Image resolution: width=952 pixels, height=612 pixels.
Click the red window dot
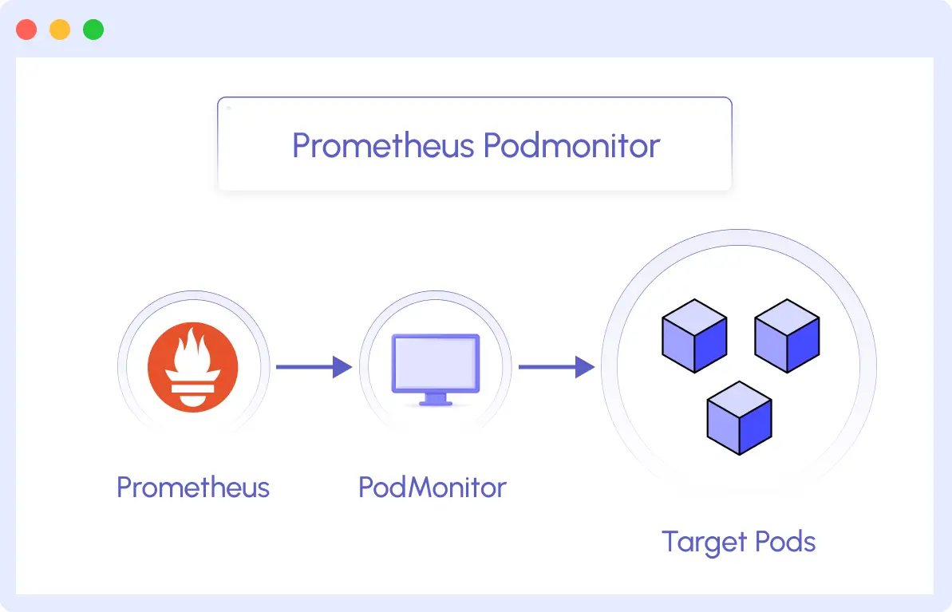pos(26,30)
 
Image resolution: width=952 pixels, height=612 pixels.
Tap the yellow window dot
pos(60,30)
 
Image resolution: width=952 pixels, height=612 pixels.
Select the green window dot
pos(93,30)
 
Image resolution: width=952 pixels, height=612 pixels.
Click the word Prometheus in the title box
pos(383,146)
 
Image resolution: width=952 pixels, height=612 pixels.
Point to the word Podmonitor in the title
pos(572,146)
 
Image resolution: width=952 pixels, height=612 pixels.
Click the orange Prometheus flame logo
pos(192,368)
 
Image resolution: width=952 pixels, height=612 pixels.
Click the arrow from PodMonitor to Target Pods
pos(555,367)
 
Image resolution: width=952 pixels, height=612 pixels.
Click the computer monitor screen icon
pos(435,363)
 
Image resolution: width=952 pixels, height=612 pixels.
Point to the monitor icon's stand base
pos(435,402)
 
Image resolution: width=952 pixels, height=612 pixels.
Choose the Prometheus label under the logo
pos(192,487)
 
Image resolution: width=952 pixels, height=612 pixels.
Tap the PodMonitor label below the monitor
pos(432,487)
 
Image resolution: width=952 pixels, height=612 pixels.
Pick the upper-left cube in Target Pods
pos(694,336)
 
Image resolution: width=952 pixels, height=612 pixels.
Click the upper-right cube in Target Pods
pos(787,336)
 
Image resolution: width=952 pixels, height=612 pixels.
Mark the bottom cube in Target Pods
pos(740,418)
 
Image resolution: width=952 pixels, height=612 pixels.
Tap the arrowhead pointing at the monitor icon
pos(343,367)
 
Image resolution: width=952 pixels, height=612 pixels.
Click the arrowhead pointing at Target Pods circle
pos(586,367)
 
